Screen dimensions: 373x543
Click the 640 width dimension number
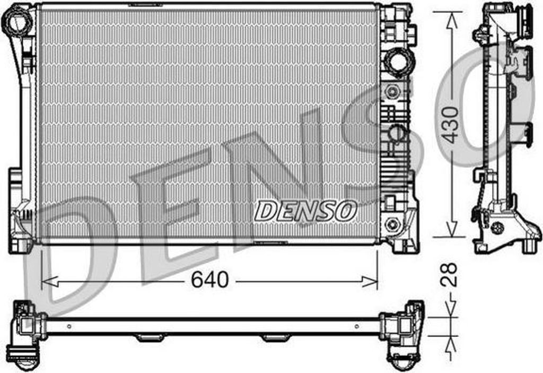click(x=210, y=280)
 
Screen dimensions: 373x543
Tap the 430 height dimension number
click(x=450, y=125)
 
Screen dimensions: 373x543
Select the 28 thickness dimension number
click(x=450, y=274)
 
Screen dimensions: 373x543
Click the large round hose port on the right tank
click(x=397, y=62)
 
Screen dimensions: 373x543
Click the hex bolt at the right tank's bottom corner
click(x=392, y=223)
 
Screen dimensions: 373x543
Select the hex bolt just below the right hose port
click(x=392, y=91)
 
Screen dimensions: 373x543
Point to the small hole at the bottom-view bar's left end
click(x=68, y=326)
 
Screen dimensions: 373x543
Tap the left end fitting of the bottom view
click(x=27, y=334)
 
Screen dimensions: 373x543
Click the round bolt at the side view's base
click(x=497, y=227)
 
